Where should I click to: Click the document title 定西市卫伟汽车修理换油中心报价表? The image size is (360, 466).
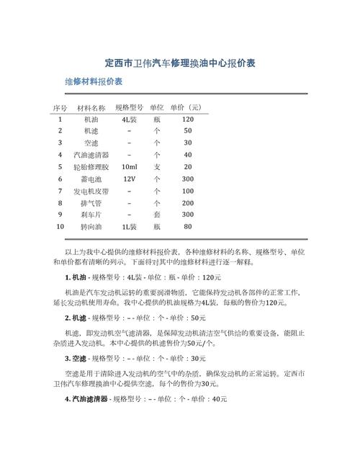coord(180,63)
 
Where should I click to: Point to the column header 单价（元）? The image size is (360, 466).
coord(186,107)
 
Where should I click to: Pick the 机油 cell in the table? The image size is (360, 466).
coord(91,119)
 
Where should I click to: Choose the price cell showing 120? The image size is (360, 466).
coord(188,119)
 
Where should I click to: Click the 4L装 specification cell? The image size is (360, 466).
coord(130,119)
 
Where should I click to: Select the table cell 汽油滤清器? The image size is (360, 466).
coord(91,155)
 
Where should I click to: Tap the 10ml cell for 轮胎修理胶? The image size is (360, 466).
coord(130,166)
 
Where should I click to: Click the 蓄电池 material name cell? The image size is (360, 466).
coord(91,179)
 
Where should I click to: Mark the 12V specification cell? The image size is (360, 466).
coord(130,179)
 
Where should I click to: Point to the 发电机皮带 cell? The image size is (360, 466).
coord(91,191)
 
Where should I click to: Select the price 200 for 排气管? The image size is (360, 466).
coord(188,203)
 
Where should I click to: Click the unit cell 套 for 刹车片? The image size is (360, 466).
coord(157,215)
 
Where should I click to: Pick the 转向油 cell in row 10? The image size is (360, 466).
coord(91,227)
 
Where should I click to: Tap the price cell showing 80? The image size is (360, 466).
coord(188,227)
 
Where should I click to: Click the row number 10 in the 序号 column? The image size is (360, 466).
coord(60,227)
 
